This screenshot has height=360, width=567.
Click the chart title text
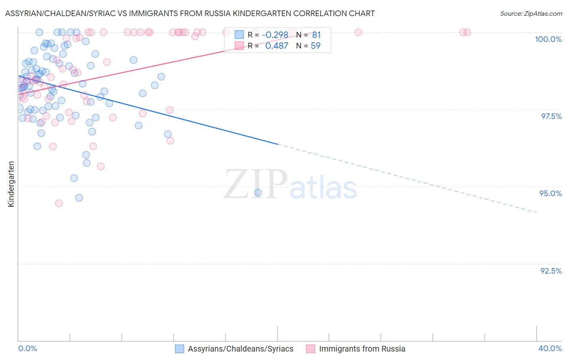point(190,13)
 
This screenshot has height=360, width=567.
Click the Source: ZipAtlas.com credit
point(531,13)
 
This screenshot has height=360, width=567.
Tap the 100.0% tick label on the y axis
point(548,39)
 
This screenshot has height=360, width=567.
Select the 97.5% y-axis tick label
point(551,116)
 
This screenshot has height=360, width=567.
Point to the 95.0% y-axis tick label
point(550,193)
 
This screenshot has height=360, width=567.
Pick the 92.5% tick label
point(551,271)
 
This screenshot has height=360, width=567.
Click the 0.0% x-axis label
point(28,348)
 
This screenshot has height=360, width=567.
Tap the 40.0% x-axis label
point(550,348)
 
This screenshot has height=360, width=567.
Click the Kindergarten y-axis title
point(11,184)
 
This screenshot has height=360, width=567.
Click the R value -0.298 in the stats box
point(275,35)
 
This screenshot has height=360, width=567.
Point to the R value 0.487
point(277,46)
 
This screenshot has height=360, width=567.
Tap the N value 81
point(316,35)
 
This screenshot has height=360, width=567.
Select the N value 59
point(315,46)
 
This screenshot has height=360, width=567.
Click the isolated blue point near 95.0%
point(258,193)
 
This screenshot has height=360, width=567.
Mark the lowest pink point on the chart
point(59,203)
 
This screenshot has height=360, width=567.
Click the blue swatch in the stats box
point(240,35)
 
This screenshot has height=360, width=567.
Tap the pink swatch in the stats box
point(240,45)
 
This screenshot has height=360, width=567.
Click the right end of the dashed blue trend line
point(537,212)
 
